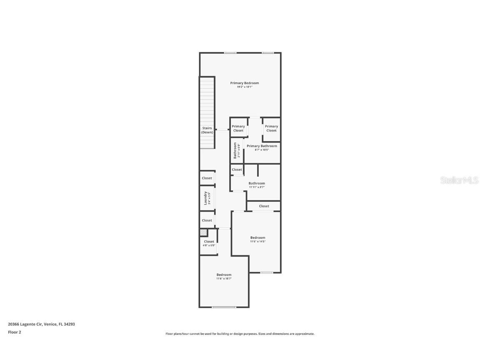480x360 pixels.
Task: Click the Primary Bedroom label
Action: (x=245, y=83)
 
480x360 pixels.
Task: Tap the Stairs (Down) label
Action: (x=207, y=130)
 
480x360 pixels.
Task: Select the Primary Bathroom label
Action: (x=262, y=146)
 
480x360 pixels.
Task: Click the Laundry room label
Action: (x=205, y=198)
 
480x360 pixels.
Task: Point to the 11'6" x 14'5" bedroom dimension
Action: (x=257, y=242)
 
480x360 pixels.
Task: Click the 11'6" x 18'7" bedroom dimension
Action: (x=224, y=279)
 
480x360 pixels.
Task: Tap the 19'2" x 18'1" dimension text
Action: (x=245, y=87)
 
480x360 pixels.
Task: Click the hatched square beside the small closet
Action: (x=203, y=232)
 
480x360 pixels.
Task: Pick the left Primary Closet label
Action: (x=238, y=128)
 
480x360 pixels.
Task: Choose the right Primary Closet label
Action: (x=271, y=128)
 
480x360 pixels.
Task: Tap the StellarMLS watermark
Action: (x=459, y=180)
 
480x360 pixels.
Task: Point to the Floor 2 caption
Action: (x=14, y=332)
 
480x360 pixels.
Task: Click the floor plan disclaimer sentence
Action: (x=240, y=334)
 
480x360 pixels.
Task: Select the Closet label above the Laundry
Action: (x=207, y=178)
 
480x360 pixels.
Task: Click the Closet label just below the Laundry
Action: (x=207, y=220)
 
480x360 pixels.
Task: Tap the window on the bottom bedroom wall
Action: (x=224, y=307)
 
